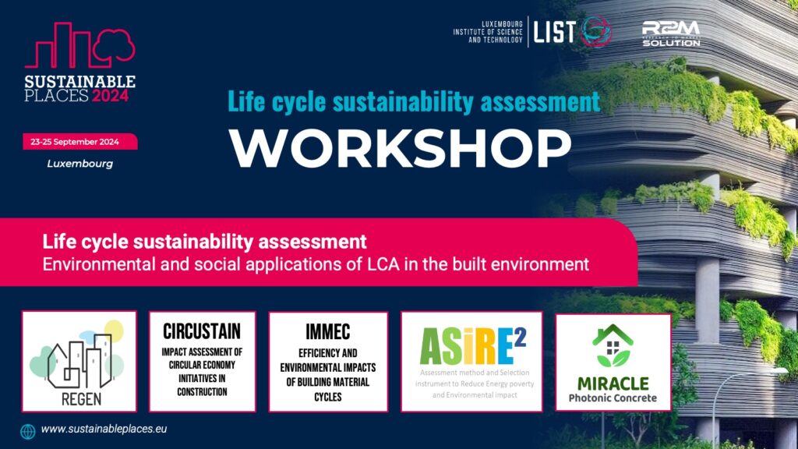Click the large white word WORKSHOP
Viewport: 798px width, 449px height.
tap(400, 147)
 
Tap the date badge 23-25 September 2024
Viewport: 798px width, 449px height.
tap(80, 142)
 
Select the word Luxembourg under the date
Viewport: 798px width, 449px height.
tap(80, 164)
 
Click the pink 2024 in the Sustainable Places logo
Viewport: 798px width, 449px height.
tap(111, 96)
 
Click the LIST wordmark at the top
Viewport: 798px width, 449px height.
tap(554, 32)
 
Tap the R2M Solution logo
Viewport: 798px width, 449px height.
tap(671, 34)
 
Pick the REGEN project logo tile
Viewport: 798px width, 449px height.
tap(79, 361)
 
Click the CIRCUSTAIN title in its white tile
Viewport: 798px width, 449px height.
tap(202, 331)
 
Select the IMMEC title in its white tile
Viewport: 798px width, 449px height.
tap(328, 332)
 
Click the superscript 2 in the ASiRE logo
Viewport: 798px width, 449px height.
tap(520, 338)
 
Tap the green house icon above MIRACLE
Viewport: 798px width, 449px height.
tap(613, 345)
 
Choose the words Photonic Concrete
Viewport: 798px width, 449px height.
tap(613, 398)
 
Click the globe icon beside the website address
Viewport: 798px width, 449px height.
tap(28, 431)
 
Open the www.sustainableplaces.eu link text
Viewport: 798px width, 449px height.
tap(104, 430)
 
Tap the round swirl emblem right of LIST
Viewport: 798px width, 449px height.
tap(596, 31)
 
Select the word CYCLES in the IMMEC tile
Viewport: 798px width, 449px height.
tap(328, 397)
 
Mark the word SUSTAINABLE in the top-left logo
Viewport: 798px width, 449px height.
tap(80, 81)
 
